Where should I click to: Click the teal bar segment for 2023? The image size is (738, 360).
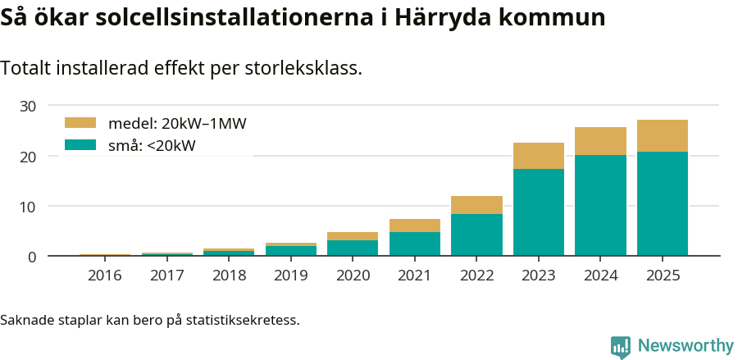coord(539,212)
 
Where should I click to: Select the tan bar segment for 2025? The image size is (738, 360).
coord(663,136)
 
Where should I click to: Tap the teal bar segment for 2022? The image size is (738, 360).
coord(476,235)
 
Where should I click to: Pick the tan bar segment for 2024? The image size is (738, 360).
coord(600,141)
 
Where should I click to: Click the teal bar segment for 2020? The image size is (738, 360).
coord(353,248)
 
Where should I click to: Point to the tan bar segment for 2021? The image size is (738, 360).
coord(414,226)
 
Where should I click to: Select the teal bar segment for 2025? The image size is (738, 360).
coord(663,203)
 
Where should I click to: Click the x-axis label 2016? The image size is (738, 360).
coord(104,276)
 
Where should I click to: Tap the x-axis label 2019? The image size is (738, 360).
coord(290,276)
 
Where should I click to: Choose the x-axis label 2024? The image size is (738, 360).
coord(600,276)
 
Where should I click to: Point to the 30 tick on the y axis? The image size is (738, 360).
coord(29,106)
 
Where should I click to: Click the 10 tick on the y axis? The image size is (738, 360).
coord(29,207)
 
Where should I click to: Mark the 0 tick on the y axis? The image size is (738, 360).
coord(33,257)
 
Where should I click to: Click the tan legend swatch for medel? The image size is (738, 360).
coord(80,123)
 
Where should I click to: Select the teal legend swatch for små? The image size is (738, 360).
coord(80,146)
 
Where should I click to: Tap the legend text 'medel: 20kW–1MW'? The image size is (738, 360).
coord(177,124)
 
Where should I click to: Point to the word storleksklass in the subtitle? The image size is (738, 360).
coord(303,69)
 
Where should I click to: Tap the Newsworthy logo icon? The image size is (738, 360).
coord(621,346)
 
